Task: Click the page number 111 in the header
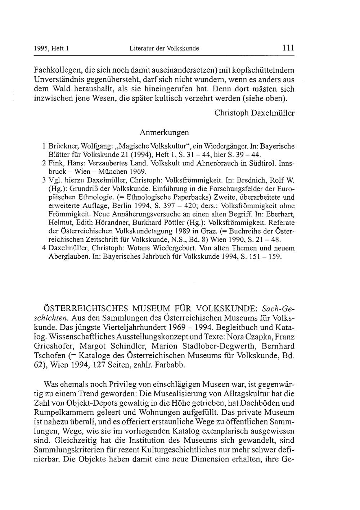pyautogui.click(x=288, y=47)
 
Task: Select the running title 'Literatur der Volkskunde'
pyautogui.click(x=164, y=48)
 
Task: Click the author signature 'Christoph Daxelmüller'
pyautogui.click(x=254, y=113)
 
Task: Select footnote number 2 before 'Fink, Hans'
pyautogui.click(x=43, y=164)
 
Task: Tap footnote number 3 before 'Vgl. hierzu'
pyautogui.click(x=43, y=179)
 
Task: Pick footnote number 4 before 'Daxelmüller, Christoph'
pyautogui.click(x=43, y=249)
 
